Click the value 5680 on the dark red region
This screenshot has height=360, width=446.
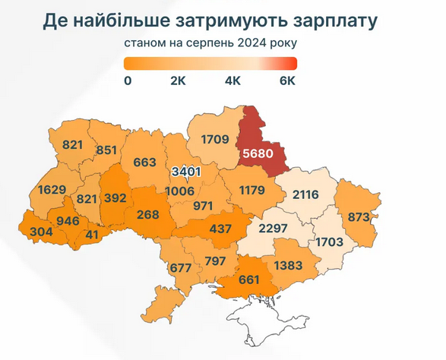pyautogui.click(x=258, y=153)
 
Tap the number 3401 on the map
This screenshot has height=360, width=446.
pyautogui.click(x=185, y=172)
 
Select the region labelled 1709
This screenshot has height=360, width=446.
pyautogui.click(x=215, y=139)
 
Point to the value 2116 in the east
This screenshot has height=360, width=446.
pyautogui.click(x=301, y=195)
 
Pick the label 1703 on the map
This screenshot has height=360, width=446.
pyautogui.click(x=328, y=242)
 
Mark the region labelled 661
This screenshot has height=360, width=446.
pyautogui.click(x=248, y=279)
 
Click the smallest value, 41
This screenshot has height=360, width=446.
pyautogui.click(x=93, y=235)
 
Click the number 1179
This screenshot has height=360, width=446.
pyautogui.click(x=251, y=190)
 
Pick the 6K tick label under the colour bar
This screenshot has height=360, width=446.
pyautogui.click(x=287, y=81)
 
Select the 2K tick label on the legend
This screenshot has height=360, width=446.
pyautogui.click(x=179, y=81)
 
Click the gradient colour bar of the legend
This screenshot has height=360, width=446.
pyautogui.click(x=210, y=63)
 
